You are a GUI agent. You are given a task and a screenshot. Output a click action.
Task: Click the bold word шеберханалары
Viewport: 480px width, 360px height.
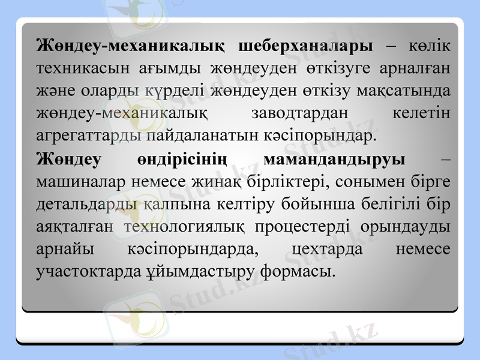tap(305, 46)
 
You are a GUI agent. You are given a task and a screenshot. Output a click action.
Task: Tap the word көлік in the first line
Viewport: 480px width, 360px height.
tap(430, 46)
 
